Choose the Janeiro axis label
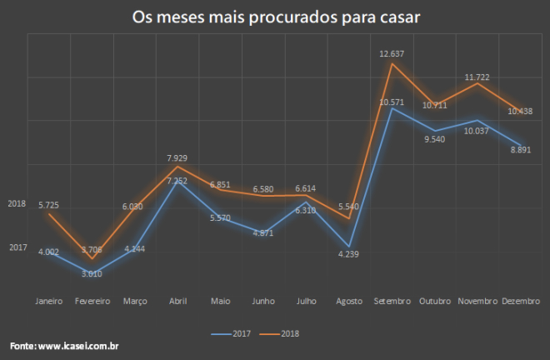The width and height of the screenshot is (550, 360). [49, 301]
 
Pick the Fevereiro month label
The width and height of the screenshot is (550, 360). [92, 301]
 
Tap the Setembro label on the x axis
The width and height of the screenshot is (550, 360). [392, 301]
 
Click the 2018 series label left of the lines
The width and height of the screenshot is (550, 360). [17, 203]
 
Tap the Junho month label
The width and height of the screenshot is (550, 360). [262, 301]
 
